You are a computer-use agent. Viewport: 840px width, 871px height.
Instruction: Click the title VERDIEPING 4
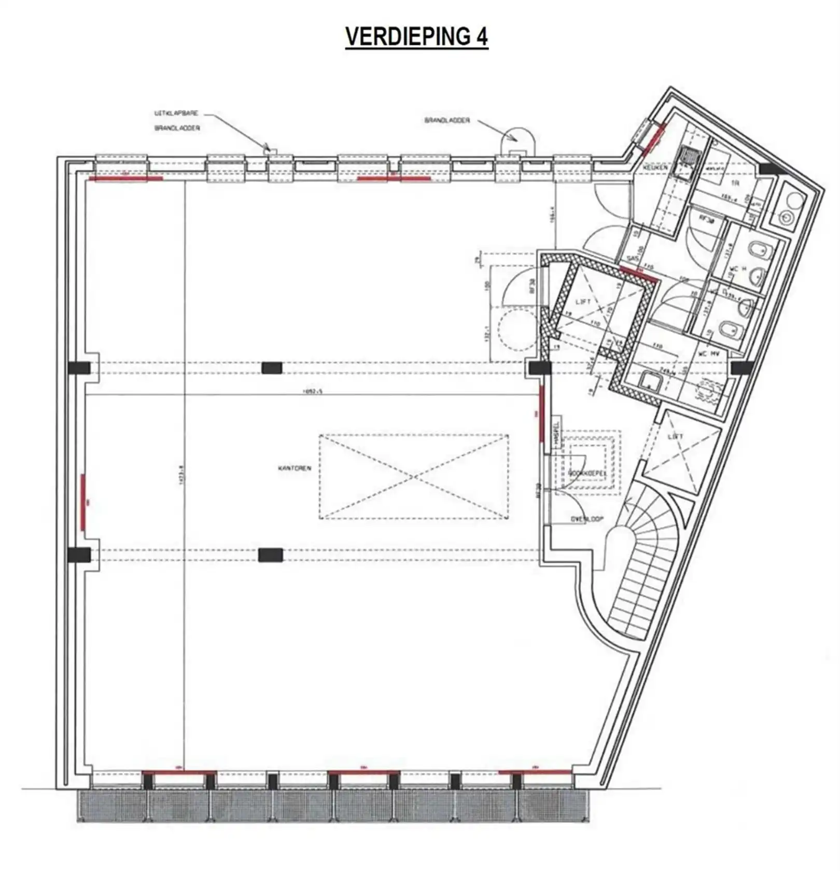tap(416, 37)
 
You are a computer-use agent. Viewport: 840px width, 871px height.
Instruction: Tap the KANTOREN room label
tap(295, 468)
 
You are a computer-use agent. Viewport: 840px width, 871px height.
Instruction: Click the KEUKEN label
tap(655, 169)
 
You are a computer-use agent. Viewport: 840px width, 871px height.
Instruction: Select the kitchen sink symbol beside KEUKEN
tap(689, 154)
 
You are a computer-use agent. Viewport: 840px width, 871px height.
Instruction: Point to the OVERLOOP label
tap(587, 519)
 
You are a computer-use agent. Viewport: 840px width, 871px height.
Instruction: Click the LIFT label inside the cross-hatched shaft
tap(583, 302)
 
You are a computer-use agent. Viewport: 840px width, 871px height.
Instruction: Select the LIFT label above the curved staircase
tap(675, 437)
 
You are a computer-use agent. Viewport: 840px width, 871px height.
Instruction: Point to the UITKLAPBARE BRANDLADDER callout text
tap(176, 120)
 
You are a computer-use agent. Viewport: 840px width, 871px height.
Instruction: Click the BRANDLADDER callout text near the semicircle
tap(447, 120)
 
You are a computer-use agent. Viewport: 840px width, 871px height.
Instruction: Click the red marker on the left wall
tap(83, 501)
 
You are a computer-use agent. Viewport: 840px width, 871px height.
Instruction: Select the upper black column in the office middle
tap(272, 368)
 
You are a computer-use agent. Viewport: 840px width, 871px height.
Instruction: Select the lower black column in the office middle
tap(271, 555)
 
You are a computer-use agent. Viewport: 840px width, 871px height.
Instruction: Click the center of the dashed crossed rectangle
tap(413, 477)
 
